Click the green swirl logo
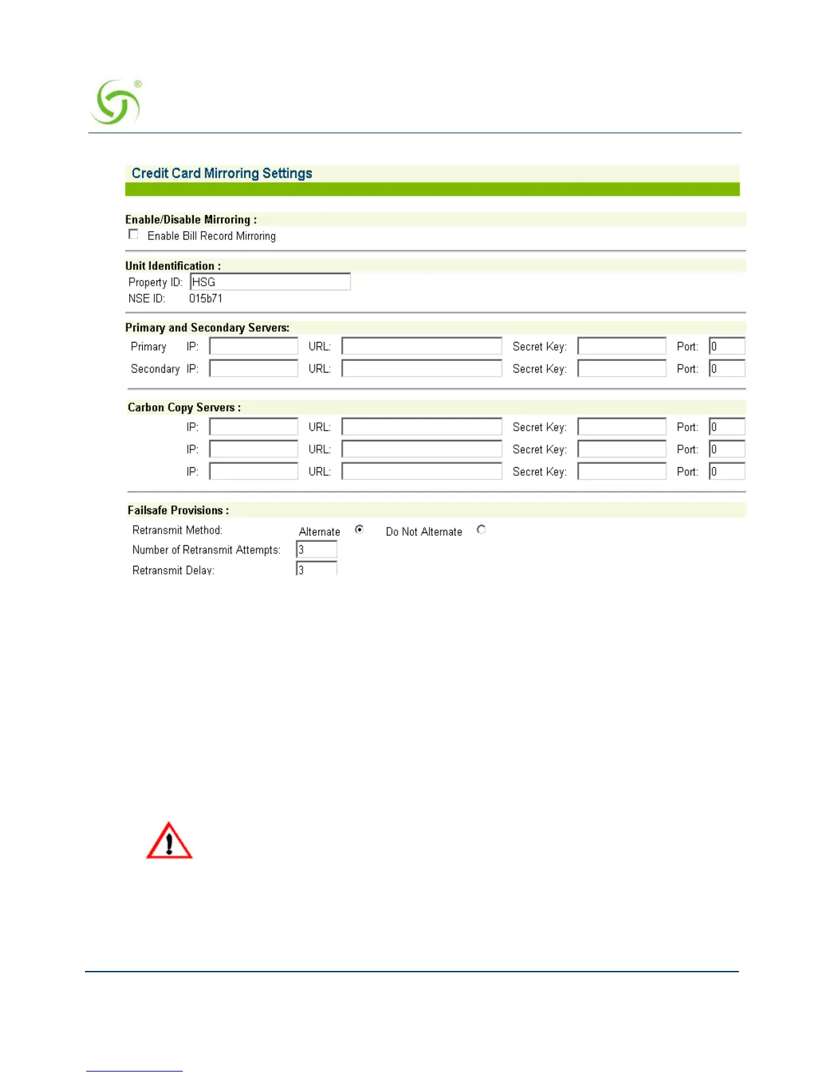[116, 103]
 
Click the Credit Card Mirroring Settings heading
[222, 173]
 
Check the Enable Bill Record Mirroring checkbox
[133, 235]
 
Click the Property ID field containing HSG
[270, 282]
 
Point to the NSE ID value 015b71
[205, 298]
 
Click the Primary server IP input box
[254, 347]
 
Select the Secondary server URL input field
[421, 369]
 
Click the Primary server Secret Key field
[621, 347]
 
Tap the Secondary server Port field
[727, 369]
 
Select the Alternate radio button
[360, 530]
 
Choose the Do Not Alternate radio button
[481, 530]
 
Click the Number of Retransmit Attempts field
[317, 549]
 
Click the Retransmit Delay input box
[317, 568]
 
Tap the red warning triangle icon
[169, 841]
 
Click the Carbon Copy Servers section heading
[184, 407]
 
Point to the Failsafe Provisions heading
[178, 510]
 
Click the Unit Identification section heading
[173, 266]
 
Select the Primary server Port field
[727, 347]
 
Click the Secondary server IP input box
[254, 369]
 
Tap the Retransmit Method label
[177, 530]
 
